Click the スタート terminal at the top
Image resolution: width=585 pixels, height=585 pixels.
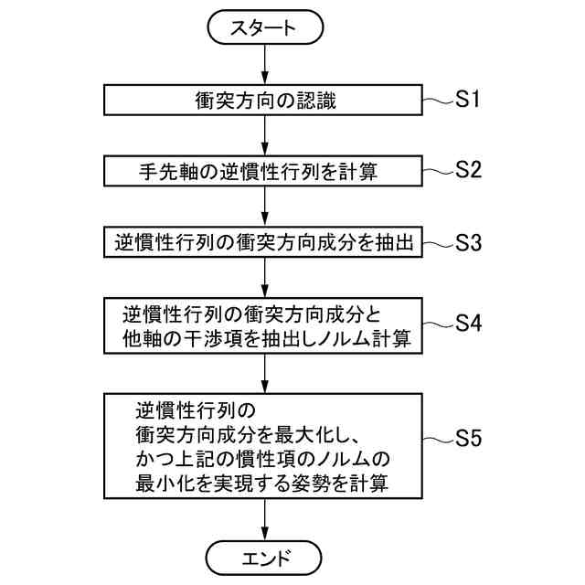click(264, 27)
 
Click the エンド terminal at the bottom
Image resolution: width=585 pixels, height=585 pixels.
click(264, 556)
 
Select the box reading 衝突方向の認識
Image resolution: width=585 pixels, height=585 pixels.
click(264, 100)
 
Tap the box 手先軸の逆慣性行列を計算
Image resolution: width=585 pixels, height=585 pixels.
click(264, 171)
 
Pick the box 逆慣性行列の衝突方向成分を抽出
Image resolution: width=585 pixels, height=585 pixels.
click(264, 243)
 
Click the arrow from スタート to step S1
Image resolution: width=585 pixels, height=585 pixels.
click(264, 64)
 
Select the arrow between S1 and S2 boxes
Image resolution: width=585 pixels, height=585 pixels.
click(264, 135)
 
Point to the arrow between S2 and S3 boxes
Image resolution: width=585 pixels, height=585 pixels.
click(264, 207)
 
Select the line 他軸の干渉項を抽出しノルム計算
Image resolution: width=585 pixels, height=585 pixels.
click(265, 339)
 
